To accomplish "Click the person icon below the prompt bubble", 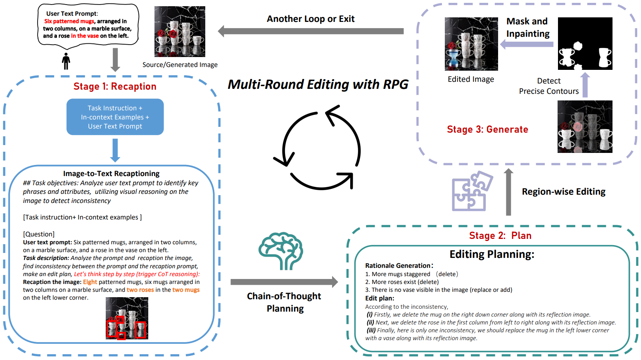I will [x=66, y=61].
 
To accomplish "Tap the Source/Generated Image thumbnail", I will [x=180, y=31].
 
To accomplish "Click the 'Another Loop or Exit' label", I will [x=311, y=19].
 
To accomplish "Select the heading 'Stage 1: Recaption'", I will [x=115, y=86].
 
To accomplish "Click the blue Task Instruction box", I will [x=115, y=117].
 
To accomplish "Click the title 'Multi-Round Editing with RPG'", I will [x=318, y=85].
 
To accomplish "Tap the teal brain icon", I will [x=281, y=250].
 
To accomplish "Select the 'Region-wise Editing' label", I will [x=563, y=192].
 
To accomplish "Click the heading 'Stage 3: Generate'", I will [x=487, y=130].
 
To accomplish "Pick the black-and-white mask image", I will [x=585, y=43].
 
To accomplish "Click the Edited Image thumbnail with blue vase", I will [x=471, y=44].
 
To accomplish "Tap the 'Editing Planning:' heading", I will [x=491, y=254].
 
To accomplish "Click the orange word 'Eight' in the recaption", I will [x=90, y=282].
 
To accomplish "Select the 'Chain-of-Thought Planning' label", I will [x=284, y=302].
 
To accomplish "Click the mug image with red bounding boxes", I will [x=127, y=318].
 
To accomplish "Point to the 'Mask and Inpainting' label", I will [x=528, y=27].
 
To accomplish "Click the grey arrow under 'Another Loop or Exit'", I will [x=311, y=31].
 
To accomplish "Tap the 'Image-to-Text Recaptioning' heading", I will [x=111, y=174].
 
